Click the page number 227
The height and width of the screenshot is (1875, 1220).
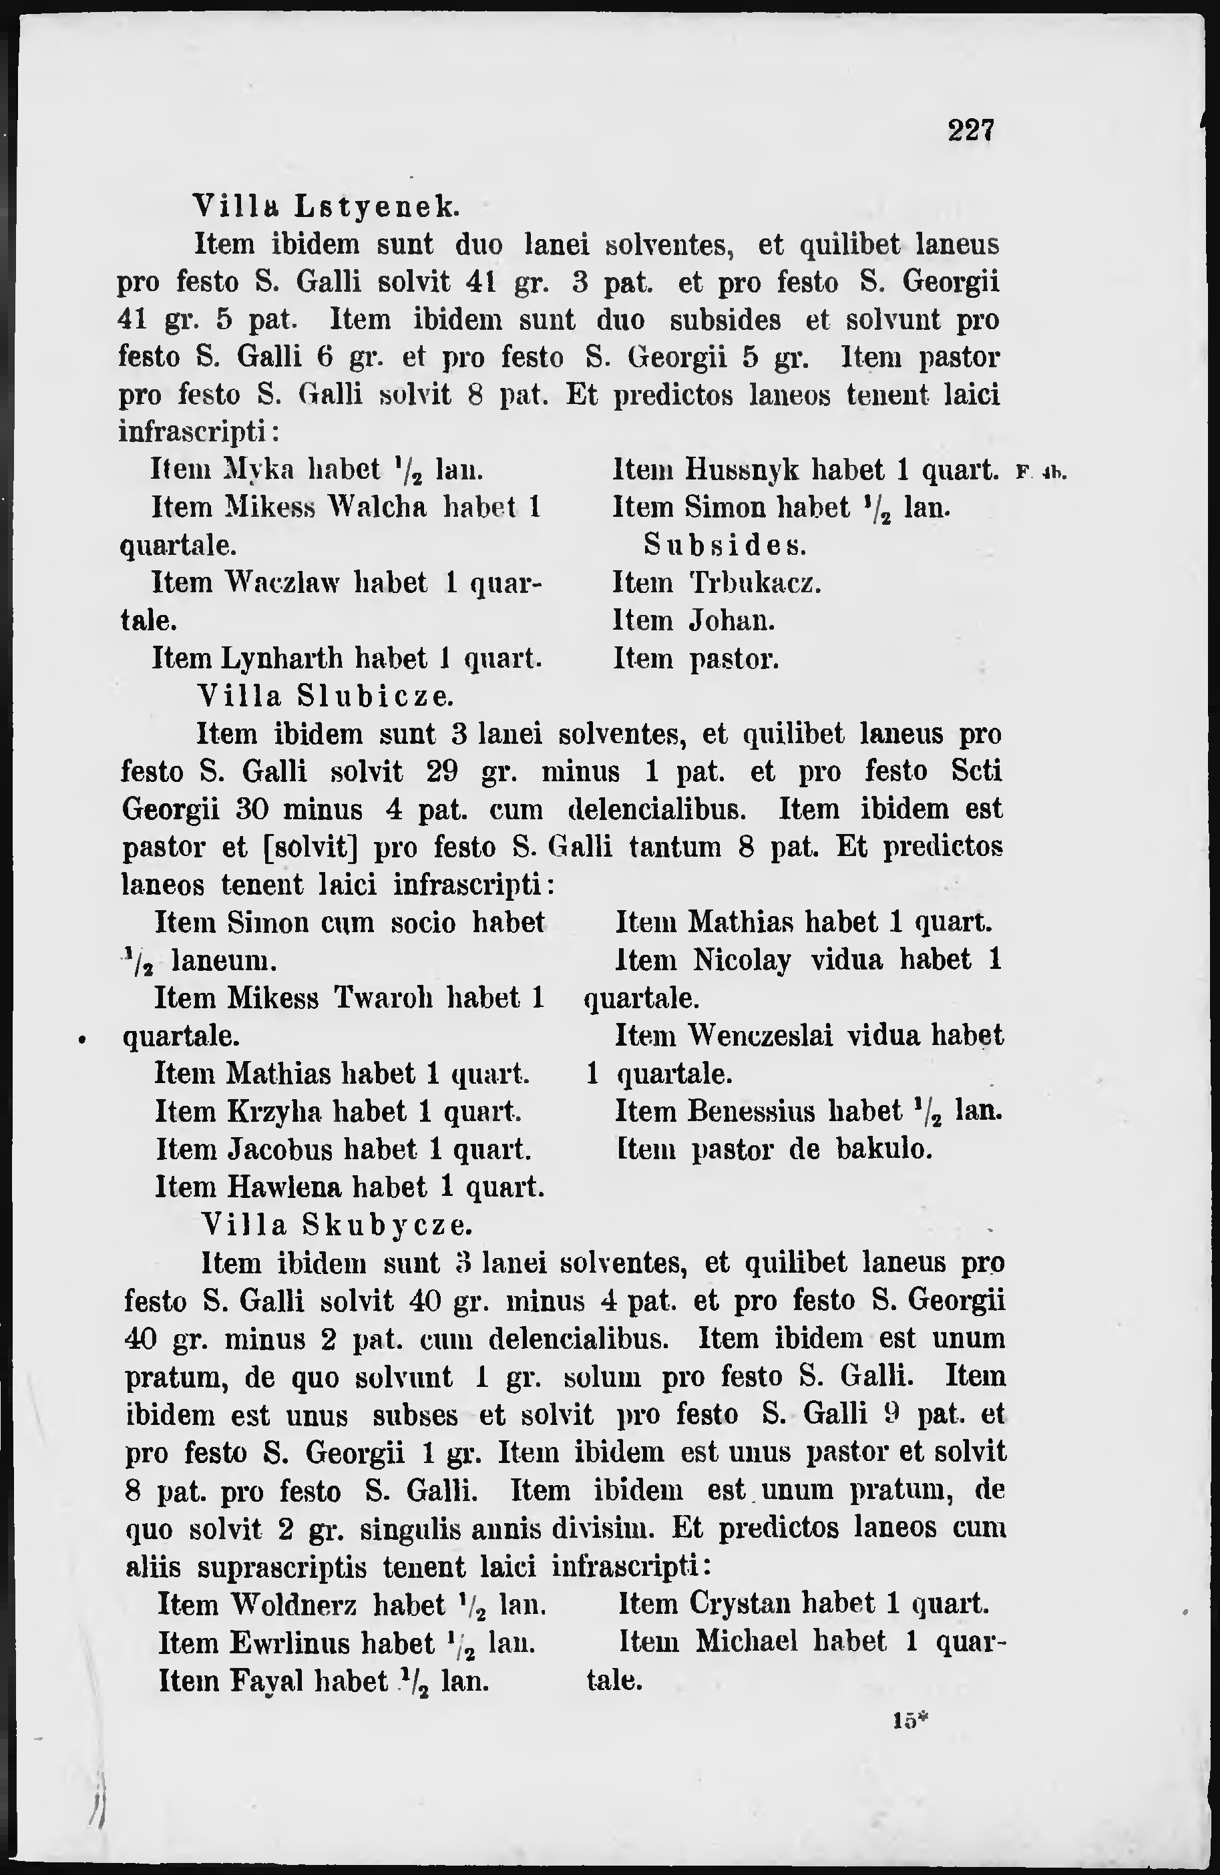[972, 130]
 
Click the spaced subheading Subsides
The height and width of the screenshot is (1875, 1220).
[725, 544]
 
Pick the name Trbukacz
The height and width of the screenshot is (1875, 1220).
[755, 583]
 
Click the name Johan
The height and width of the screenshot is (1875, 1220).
[732, 622]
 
